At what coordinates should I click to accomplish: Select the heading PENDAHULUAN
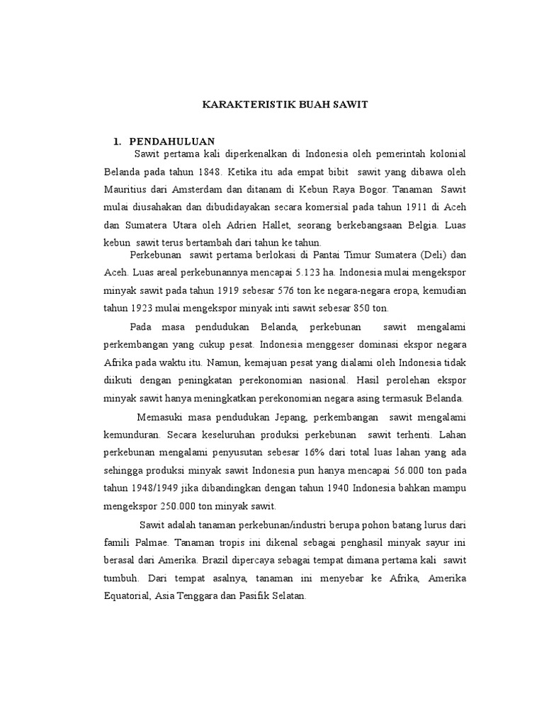[172, 141]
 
